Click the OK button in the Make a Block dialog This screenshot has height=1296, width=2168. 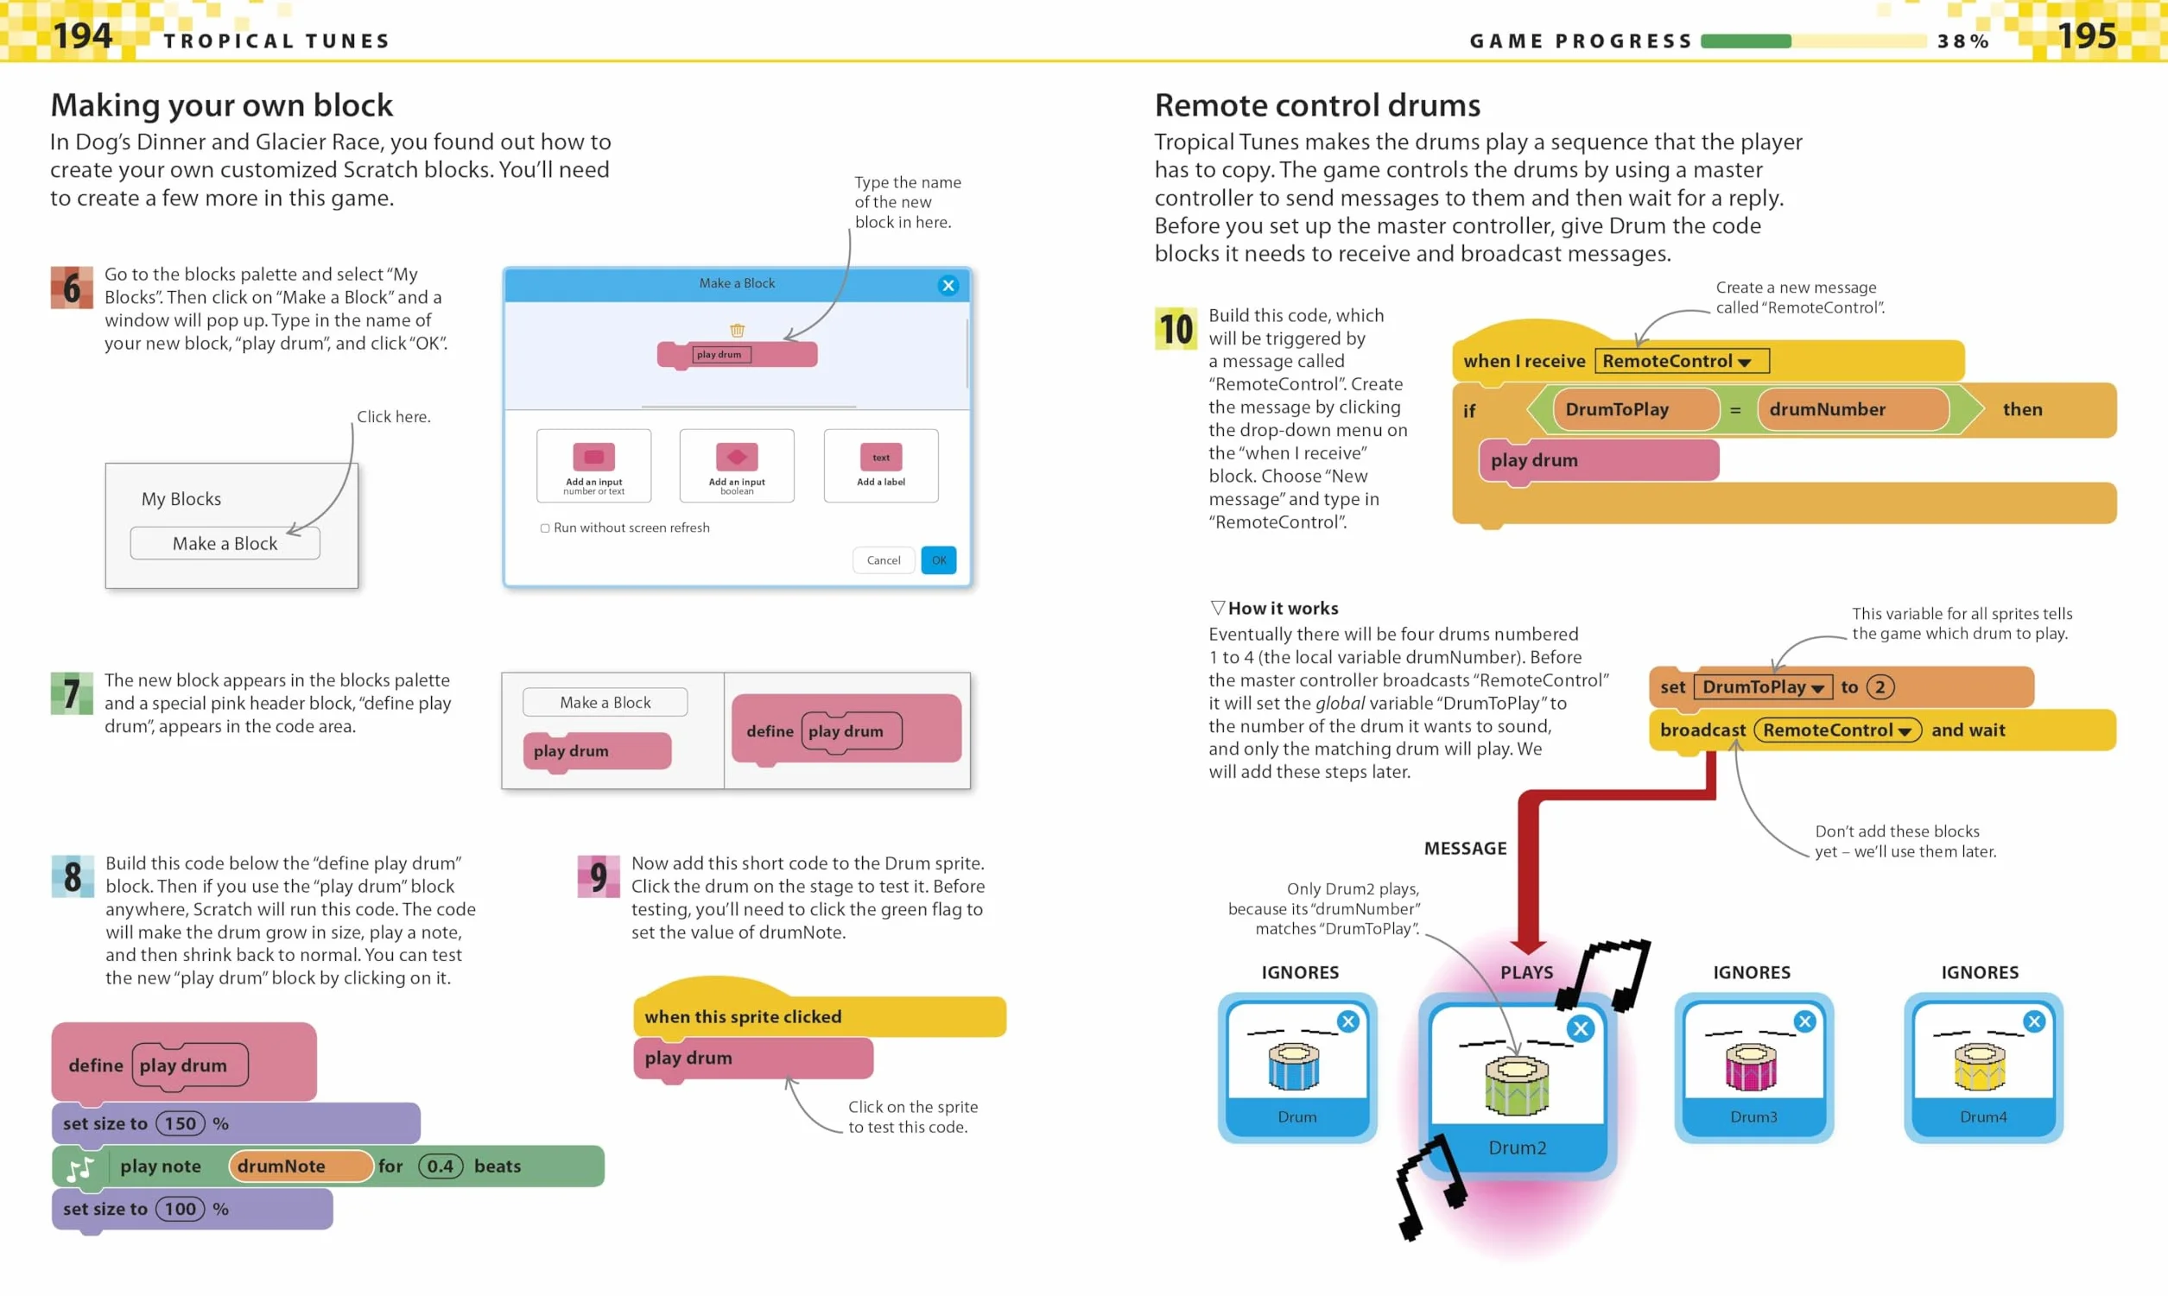938,559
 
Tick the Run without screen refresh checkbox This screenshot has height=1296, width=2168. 545,528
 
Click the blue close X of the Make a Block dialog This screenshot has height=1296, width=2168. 948,286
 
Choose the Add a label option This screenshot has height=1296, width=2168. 880,465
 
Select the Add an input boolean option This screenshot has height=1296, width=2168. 737,465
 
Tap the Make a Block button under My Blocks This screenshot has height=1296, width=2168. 225,543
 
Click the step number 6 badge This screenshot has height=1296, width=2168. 72,288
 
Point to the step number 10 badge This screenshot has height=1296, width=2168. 1176,328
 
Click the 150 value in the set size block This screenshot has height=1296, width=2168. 180,1123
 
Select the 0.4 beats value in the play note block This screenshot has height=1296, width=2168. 441,1166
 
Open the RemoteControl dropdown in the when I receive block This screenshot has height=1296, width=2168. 1682,361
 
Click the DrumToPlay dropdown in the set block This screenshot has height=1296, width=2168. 1762,687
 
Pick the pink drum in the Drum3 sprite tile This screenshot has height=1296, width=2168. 1752,1066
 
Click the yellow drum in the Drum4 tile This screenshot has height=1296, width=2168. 1981,1066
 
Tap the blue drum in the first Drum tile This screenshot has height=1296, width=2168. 1294,1066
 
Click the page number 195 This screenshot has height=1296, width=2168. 2086,35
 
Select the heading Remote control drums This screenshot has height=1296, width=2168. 1317,105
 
